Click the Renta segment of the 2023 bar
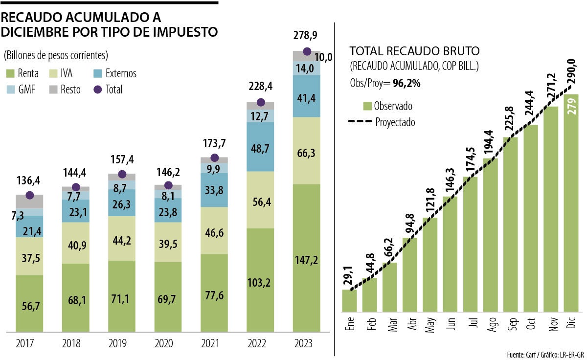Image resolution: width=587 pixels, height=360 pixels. [307, 259]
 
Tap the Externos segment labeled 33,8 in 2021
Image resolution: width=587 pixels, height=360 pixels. [214, 190]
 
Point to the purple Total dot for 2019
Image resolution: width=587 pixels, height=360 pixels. [122, 175]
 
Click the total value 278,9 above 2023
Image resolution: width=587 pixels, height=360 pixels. [307, 36]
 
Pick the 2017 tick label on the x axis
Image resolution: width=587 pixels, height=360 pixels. [29, 344]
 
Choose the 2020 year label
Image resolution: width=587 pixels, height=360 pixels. [168, 344]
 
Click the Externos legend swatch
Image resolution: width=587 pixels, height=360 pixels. [97, 74]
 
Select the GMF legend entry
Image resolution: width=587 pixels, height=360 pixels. [20, 90]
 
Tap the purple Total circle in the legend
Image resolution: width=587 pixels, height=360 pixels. [97, 90]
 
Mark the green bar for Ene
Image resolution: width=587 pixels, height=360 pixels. [349, 300]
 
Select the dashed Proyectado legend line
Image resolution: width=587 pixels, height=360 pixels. [360, 122]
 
